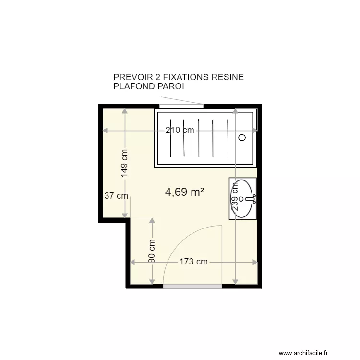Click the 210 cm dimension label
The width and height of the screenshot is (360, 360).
pos(180,130)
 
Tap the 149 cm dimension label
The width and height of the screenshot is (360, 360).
pos(124,163)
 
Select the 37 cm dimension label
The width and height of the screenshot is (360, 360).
pos(116,196)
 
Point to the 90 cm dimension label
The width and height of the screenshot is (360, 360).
pos(152,251)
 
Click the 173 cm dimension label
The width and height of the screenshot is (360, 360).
pos(193,262)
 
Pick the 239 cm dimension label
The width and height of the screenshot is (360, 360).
pos(235,196)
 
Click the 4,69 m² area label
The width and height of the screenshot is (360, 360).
pos(184,192)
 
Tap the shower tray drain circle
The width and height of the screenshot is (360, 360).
pos(242,138)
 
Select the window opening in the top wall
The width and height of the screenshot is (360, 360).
pos(181,106)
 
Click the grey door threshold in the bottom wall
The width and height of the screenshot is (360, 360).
pos(192,286)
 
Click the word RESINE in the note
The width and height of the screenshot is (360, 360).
pos(228,77)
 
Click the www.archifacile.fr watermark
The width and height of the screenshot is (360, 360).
pos(303,353)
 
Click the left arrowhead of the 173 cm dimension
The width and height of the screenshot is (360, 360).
pos(132,262)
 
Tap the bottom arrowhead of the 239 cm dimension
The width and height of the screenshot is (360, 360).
pos(235,282)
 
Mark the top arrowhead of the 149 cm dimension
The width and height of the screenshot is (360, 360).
pos(125,111)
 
